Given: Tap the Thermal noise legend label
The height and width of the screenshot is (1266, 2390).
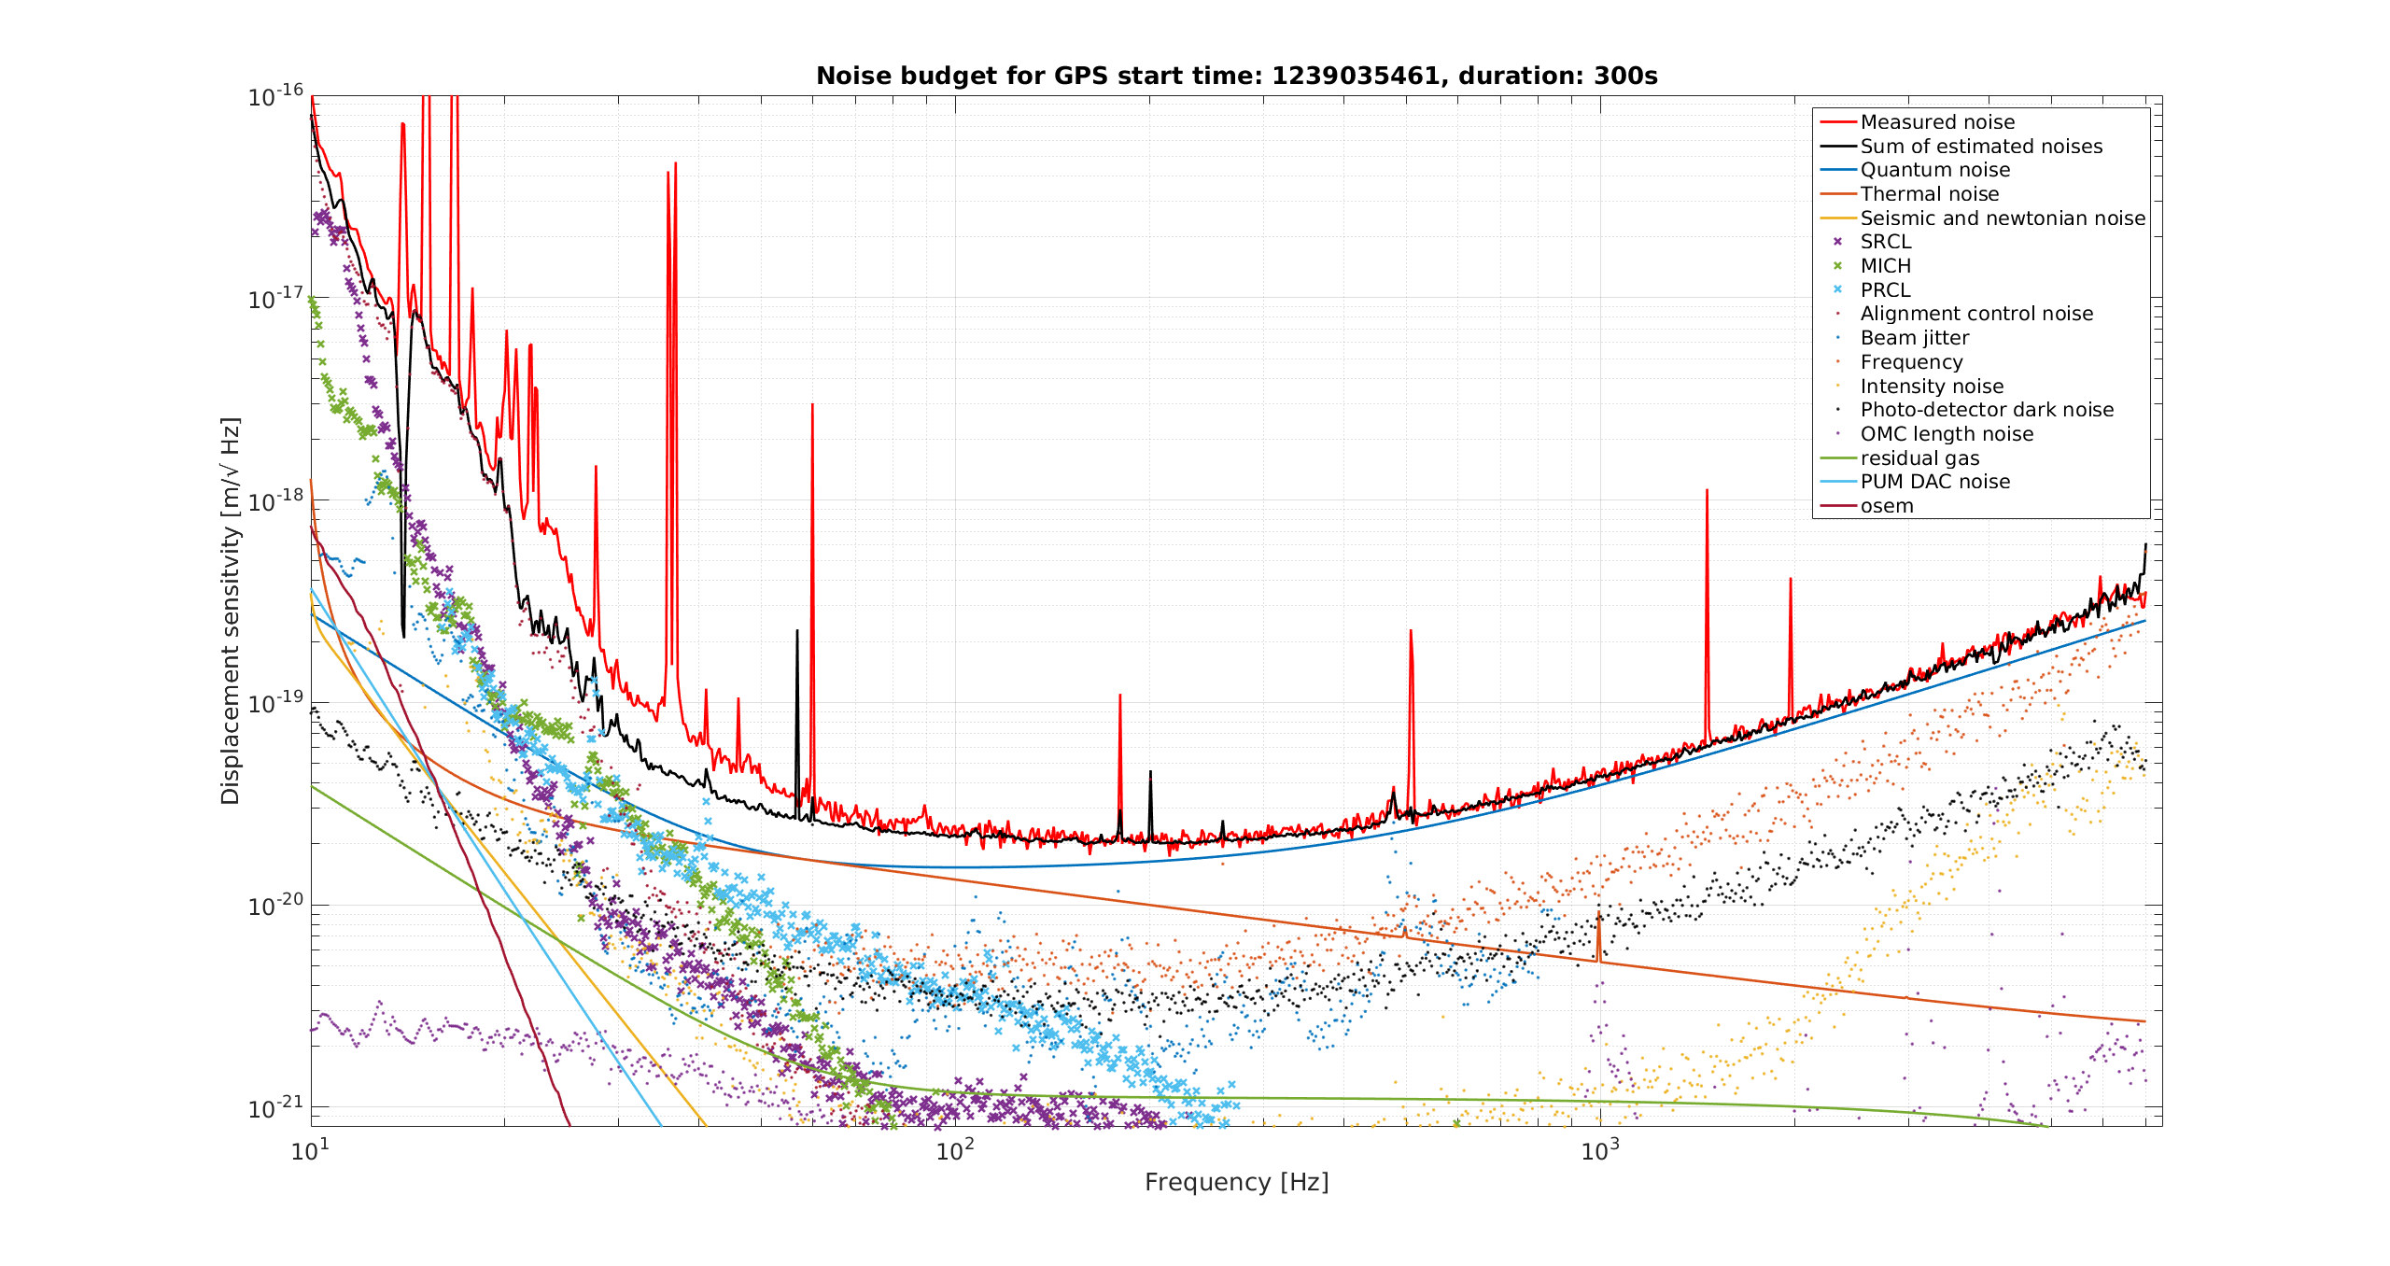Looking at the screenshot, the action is pyautogui.click(x=1930, y=194).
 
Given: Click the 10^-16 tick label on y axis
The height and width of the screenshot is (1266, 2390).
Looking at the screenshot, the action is pyautogui.click(x=276, y=95).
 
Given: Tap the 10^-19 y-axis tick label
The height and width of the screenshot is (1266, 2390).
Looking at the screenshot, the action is pyautogui.click(x=276, y=701).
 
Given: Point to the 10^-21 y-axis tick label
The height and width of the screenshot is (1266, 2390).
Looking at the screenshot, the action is pyautogui.click(x=276, y=1106).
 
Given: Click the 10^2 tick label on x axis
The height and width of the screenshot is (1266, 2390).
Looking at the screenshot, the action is pyautogui.click(x=955, y=1149).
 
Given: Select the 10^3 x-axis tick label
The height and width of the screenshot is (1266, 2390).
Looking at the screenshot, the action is pyautogui.click(x=1600, y=1149).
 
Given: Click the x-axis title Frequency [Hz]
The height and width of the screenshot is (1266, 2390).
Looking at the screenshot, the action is pyautogui.click(x=1237, y=1183).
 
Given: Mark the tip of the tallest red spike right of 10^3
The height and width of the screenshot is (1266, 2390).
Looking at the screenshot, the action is pyautogui.click(x=1707, y=489).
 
